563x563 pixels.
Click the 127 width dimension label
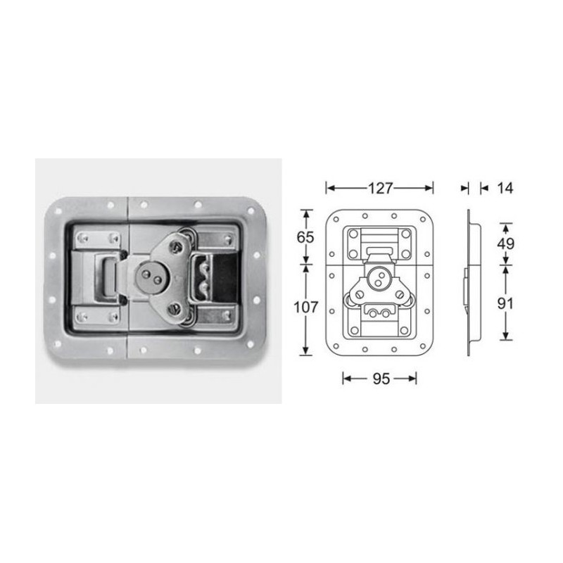click(x=379, y=188)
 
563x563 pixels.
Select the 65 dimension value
click(x=305, y=237)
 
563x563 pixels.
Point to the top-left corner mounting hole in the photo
click(x=57, y=209)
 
